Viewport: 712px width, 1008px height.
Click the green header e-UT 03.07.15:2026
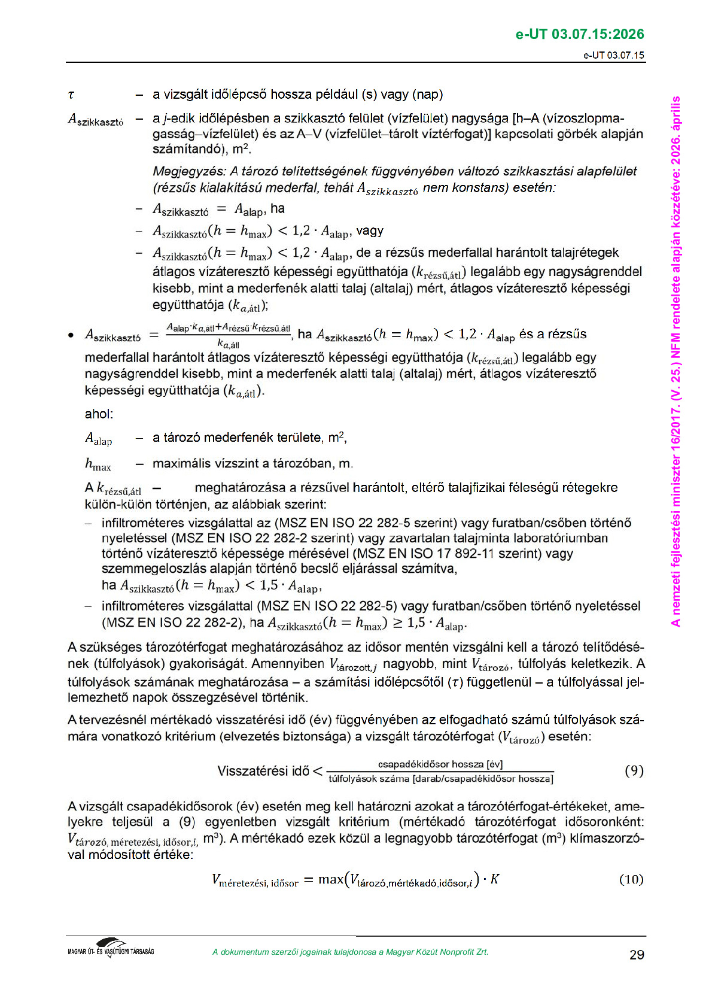579,34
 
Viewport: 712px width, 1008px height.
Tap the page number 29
637,955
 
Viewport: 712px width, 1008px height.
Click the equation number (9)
634,770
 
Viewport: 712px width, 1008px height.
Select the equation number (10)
631,879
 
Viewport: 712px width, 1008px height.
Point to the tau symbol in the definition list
71,95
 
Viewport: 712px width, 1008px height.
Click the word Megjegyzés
189,172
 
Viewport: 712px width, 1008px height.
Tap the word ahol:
99,414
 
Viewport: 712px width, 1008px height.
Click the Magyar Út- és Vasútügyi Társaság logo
111,948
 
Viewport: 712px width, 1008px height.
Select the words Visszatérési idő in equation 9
263,771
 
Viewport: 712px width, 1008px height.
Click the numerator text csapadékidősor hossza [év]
440,764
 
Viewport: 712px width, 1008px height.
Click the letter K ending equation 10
495,879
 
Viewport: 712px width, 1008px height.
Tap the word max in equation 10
331,879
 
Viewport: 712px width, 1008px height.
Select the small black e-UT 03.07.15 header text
614,55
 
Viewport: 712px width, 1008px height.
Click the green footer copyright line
350,952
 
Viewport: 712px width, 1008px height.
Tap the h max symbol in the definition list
98,464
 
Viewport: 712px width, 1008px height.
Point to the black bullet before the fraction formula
71,335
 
